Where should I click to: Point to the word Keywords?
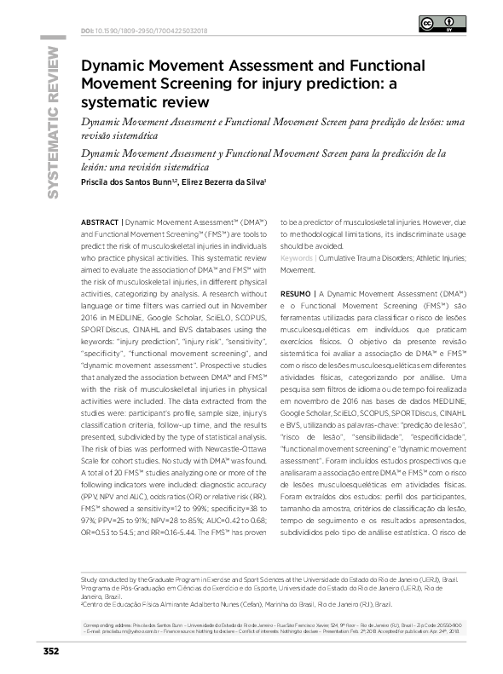coord(296,257)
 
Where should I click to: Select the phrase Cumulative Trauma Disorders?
coord(356,257)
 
